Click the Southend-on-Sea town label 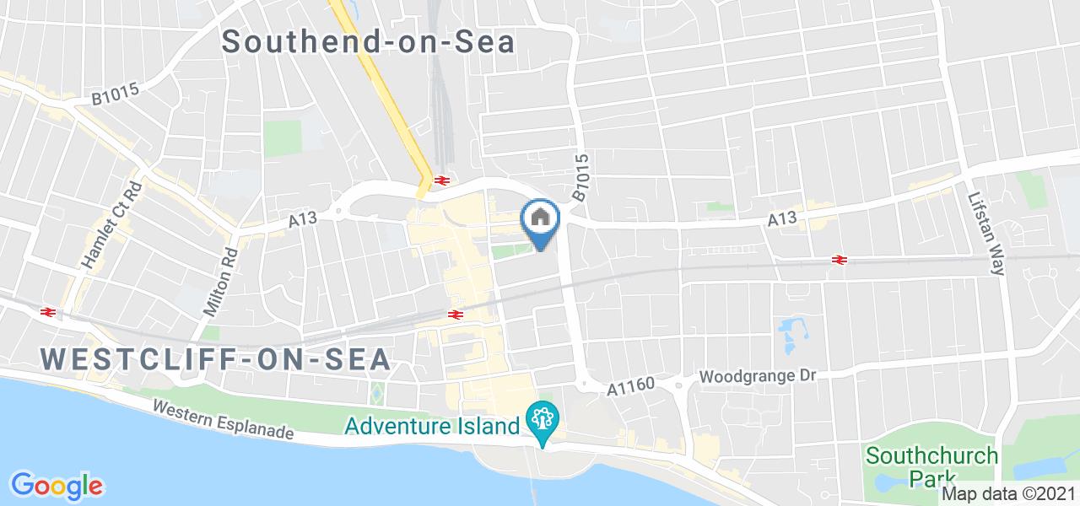coord(369,42)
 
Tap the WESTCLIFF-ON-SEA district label coord(216,358)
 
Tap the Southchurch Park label coord(932,466)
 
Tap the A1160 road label coord(631,387)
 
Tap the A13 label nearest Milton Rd coord(302,219)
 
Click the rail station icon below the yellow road coord(440,180)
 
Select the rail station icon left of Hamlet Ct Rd coord(48,311)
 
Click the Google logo coord(56,486)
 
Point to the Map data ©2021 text coord(1008,494)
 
